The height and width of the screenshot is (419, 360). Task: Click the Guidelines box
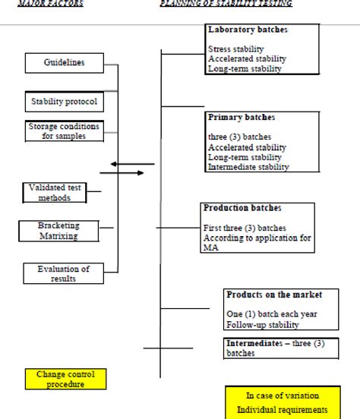pyautogui.click(x=65, y=63)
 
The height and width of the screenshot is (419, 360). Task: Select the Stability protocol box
pyautogui.click(x=64, y=101)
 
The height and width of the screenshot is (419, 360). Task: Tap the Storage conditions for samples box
pyautogui.click(x=64, y=131)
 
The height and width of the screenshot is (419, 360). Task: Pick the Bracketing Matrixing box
pyautogui.click(x=58, y=231)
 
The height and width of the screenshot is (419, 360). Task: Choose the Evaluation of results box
pyautogui.click(x=64, y=273)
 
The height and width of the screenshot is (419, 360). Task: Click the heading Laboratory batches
pyautogui.click(x=248, y=30)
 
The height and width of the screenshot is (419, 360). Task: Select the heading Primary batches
pyautogui.click(x=242, y=118)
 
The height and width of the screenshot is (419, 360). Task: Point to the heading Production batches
pyautogui.click(x=242, y=207)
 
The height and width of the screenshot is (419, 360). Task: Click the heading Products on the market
pyautogui.click(x=274, y=294)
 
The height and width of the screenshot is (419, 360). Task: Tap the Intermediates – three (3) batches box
pyautogui.click(x=276, y=348)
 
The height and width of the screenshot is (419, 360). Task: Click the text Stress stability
pyautogui.click(x=236, y=49)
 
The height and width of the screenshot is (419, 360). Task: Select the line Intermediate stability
pyautogui.click(x=248, y=167)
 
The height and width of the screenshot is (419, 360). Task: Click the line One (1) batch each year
pyautogui.click(x=265, y=314)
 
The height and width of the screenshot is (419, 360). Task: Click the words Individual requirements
pyautogui.click(x=282, y=410)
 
